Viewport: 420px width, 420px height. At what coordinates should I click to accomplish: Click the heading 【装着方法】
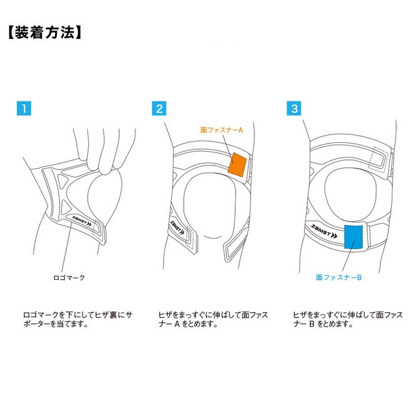click(x=45, y=33)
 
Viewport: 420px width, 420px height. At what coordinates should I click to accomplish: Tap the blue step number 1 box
click(x=24, y=108)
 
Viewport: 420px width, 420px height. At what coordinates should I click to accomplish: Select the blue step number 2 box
click(x=159, y=108)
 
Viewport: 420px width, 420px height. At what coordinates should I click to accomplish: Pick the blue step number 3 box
click(x=294, y=108)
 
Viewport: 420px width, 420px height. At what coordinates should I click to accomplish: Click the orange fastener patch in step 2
click(x=237, y=165)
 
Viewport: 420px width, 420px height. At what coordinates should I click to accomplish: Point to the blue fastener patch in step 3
click(x=354, y=237)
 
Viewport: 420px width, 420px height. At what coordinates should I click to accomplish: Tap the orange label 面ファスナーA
click(x=221, y=130)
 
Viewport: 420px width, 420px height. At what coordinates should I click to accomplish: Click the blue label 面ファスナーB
click(x=339, y=277)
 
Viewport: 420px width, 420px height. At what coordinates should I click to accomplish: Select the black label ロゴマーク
click(x=69, y=278)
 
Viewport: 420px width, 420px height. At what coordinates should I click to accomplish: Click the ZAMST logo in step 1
click(x=81, y=221)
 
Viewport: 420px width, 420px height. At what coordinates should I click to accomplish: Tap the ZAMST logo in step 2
click(x=177, y=228)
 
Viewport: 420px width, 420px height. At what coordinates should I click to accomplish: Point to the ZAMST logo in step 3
click(x=324, y=231)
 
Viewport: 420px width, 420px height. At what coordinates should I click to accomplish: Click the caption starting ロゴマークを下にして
click(x=78, y=319)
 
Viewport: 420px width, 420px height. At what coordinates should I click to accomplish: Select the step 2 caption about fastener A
click(x=213, y=319)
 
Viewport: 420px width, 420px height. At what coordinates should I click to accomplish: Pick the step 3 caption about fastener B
click(x=348, y=319)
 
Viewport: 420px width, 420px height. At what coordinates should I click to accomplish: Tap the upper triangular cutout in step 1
click(x=64, y=181)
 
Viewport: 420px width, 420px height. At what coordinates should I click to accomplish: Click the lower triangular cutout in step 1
click(x=66, y=207)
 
